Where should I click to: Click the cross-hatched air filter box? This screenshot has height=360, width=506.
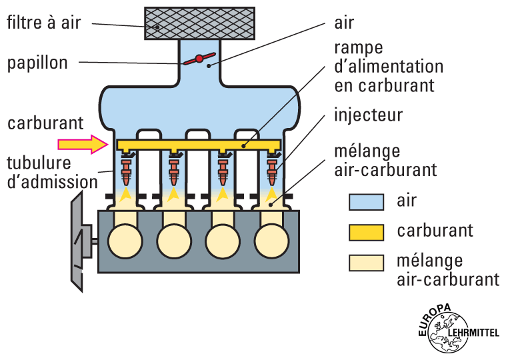pos(199,23)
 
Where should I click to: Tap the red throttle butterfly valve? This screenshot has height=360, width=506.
pos(199,59)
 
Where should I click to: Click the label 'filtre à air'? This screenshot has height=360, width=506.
pos(44,23)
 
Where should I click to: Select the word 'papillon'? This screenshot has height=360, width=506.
pos(37,63)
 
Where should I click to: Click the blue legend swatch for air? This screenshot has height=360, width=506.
pos(366,201)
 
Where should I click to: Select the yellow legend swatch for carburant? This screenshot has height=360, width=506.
pos(366,232)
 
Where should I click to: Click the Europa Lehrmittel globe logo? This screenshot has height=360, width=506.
pos(446,331)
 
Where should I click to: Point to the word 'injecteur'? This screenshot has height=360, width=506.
pos(368,115)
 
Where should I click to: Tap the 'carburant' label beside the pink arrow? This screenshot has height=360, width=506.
pos(45,123)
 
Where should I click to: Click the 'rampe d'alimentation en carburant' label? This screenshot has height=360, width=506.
pos(389,67)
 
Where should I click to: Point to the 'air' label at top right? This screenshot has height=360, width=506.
pos(344,23)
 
